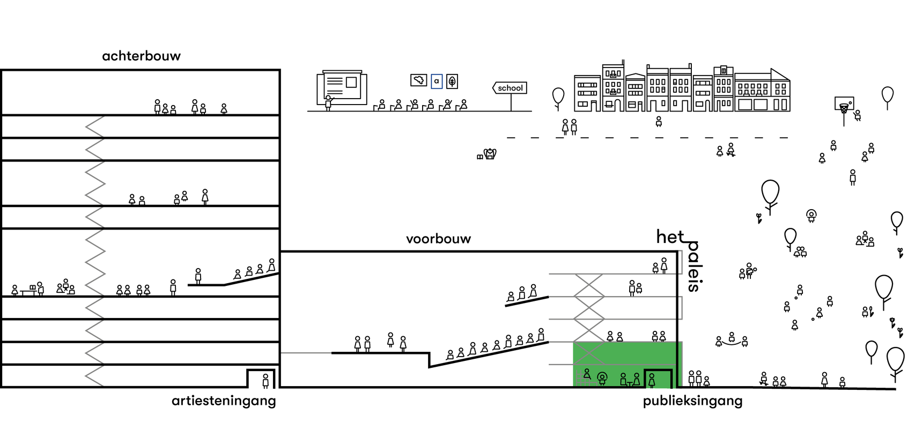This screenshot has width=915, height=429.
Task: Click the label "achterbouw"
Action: [141, 56]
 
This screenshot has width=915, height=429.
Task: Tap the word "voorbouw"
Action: [438, 239]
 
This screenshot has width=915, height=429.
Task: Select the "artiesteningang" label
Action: [224, 401]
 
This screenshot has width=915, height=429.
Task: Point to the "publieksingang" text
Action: [692, 401]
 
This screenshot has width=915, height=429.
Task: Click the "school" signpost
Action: [510, 88]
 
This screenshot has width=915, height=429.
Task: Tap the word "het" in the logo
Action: [670, 236]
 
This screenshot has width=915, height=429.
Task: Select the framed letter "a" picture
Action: [437, 82]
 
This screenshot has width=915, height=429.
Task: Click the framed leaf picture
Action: [452, 82]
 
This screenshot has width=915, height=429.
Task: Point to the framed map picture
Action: [418, 80]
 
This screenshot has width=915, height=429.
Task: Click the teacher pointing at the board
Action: [328, 102]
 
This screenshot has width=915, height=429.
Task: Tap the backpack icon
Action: [490, 154]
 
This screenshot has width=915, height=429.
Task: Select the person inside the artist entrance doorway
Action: [265, 381]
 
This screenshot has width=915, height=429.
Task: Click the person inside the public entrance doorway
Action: [652, 380]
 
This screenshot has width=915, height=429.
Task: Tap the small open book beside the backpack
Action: [479, 157]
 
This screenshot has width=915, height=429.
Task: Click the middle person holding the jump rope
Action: [732, 337]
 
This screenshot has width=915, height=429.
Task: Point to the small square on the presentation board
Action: [351, 82]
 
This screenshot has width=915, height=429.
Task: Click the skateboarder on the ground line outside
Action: [764, 379]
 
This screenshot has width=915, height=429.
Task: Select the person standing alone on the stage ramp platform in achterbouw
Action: [198, 276]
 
